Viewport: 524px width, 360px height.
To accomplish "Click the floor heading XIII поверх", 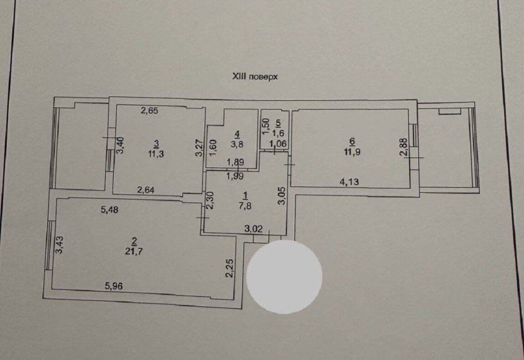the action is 255,77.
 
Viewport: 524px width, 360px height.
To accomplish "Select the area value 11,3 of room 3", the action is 156,154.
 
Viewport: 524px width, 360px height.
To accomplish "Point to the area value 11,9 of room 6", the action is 352,152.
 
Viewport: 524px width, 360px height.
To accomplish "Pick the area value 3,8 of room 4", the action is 237,144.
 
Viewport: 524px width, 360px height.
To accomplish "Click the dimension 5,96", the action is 114,286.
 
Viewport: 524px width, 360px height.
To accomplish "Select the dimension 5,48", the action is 109,210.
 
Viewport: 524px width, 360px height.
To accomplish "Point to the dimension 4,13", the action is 349,182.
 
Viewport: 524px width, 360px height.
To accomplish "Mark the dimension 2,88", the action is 404,147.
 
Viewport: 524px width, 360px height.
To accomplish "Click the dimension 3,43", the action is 59,245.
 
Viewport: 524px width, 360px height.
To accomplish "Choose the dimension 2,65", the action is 149,111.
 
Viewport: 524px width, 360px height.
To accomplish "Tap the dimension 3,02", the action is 253,229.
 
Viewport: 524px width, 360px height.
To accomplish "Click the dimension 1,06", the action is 278,144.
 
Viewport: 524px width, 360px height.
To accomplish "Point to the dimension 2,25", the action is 230,268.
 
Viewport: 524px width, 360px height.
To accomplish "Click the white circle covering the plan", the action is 284,277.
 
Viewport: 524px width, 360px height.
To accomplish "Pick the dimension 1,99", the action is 235,176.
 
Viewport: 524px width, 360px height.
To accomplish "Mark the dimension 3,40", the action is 120,145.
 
